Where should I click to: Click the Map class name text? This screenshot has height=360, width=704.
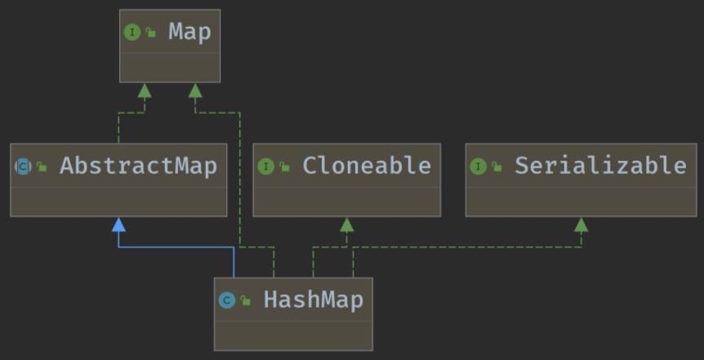point(189,33)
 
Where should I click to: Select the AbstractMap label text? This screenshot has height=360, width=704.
point(138,167)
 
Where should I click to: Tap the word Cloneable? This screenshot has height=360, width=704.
point(366,166)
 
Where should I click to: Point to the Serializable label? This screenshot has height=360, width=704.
point(599,166)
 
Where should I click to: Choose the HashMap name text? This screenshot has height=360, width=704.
point(313,300)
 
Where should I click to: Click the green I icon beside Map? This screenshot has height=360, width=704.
point(131,33)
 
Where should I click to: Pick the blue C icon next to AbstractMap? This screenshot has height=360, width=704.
point(23,167)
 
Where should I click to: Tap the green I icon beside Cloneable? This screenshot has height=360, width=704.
point(265,167)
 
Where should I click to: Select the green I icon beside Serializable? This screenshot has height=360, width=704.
point(478,167)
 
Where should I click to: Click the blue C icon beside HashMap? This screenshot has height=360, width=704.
point(227,300)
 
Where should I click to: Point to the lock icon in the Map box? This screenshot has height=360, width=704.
point(152,33)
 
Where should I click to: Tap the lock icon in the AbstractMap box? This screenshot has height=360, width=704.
point(42,167)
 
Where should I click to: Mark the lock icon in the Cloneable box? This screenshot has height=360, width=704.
point(285,167)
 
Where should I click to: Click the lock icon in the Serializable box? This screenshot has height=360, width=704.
point(497,167)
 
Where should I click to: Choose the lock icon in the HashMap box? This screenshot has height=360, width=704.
point(246,301)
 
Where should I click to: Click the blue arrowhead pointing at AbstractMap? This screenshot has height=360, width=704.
point(118,224)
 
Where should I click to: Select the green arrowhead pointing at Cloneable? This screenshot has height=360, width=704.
point(346,224)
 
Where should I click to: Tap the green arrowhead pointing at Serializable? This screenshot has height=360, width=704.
point(581,224)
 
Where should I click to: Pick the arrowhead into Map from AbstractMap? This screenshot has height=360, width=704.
point(145,90)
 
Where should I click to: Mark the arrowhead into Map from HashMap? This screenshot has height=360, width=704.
point(194,90)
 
